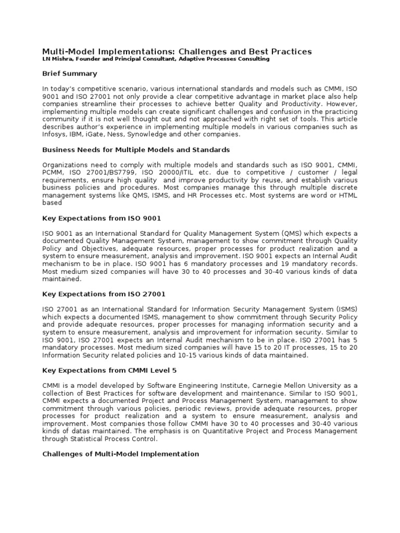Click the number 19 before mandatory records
(x=265, y=263)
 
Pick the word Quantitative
(x=229, y=431)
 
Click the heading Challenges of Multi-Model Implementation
(x=120, y=454)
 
